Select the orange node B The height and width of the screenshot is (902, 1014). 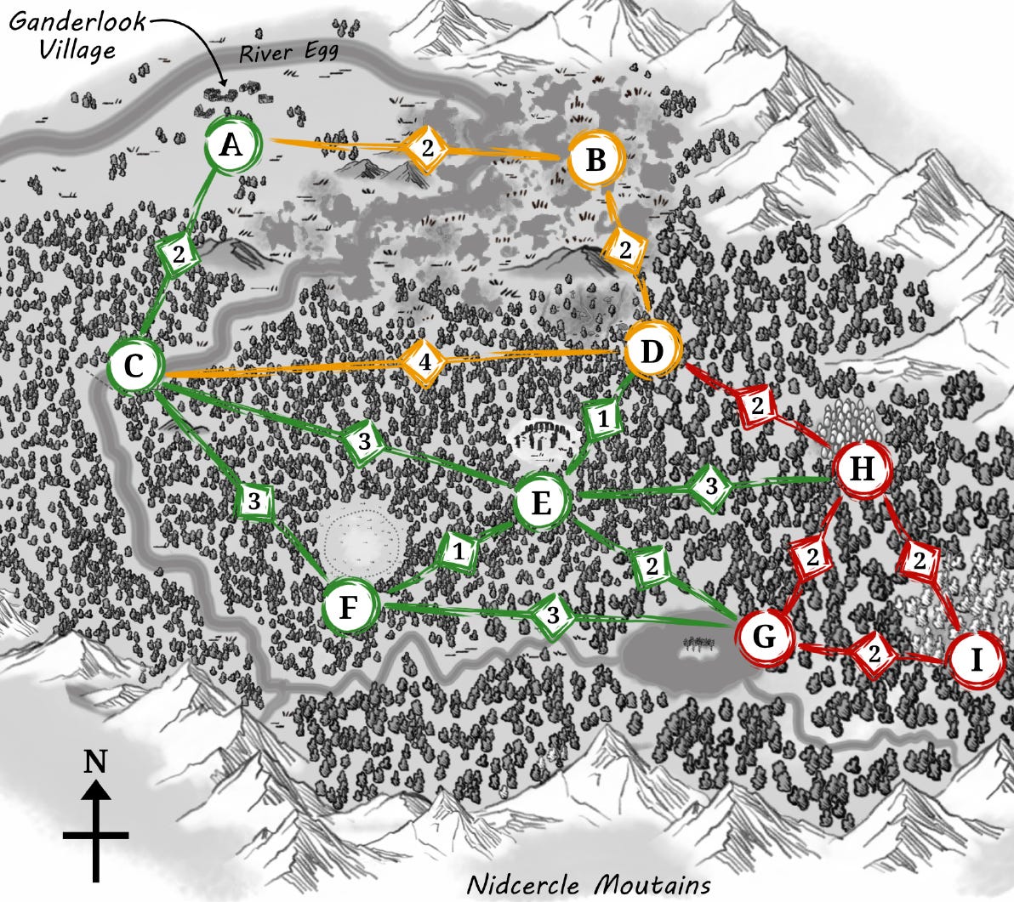coord(596,160)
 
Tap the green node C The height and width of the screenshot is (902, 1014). coord(135,367)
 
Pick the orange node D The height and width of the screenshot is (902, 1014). coord(652,351)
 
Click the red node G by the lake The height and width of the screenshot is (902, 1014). coord(764,637)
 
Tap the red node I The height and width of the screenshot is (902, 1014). coord(975,661)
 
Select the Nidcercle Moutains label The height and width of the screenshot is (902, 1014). coord(589,885)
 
